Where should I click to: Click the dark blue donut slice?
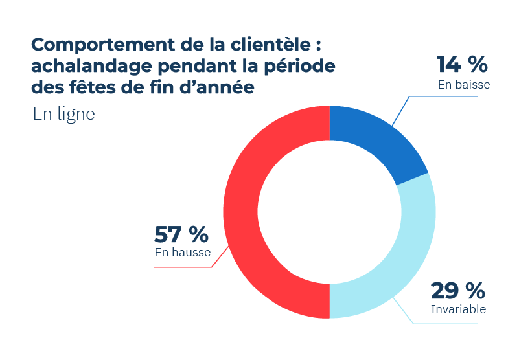373,144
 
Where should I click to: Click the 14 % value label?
461,64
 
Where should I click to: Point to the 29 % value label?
457,289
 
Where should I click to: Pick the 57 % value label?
181,232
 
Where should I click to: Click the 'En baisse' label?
464,84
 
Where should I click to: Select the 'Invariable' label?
458,309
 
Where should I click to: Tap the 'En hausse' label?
183,253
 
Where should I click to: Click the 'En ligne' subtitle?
63,115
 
